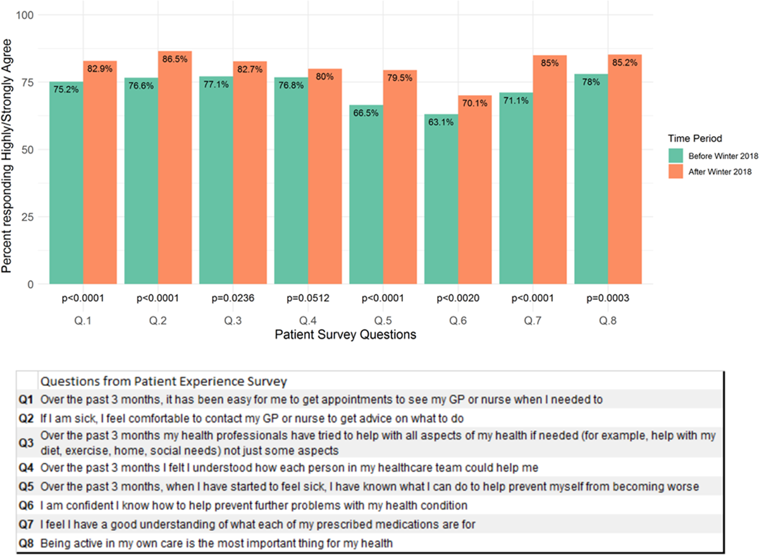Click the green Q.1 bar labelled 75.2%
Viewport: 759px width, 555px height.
coord(66,183)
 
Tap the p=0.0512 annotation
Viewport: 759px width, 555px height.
coord(308,298)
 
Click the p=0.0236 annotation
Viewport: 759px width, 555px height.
coord(233,298)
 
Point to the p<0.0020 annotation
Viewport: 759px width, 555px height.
coord(458,298)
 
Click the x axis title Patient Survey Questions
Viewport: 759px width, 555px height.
coord(346,335)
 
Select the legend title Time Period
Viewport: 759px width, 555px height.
coord(695,137)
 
